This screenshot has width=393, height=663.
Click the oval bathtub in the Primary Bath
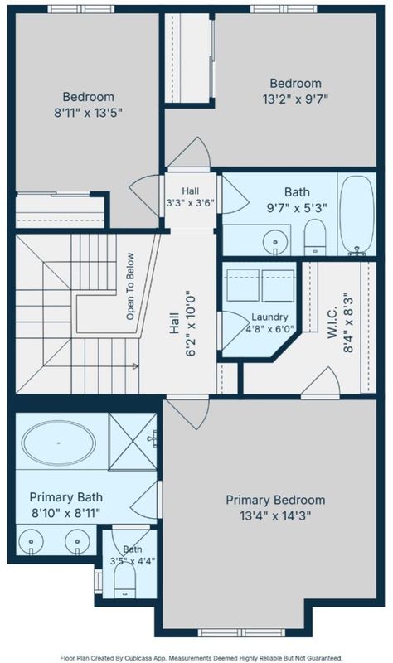[58, 443]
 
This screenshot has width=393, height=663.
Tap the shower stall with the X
[133, 442]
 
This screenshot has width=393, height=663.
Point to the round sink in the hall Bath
[275, 242]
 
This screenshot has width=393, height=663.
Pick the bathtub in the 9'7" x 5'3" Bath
[357, 215]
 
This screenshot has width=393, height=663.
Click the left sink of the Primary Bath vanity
[31, 542]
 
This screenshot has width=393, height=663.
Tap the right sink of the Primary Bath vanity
[77, 542]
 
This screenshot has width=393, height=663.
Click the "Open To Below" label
[130, 286]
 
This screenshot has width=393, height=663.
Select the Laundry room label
[269, 322]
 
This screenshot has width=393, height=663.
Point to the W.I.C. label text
[332, 323]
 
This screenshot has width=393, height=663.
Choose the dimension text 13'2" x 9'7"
[295, 99]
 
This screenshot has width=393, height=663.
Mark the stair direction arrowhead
[136, 366]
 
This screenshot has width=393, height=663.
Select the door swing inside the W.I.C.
[320, 381]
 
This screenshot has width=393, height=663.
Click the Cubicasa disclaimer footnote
[201, 658]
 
